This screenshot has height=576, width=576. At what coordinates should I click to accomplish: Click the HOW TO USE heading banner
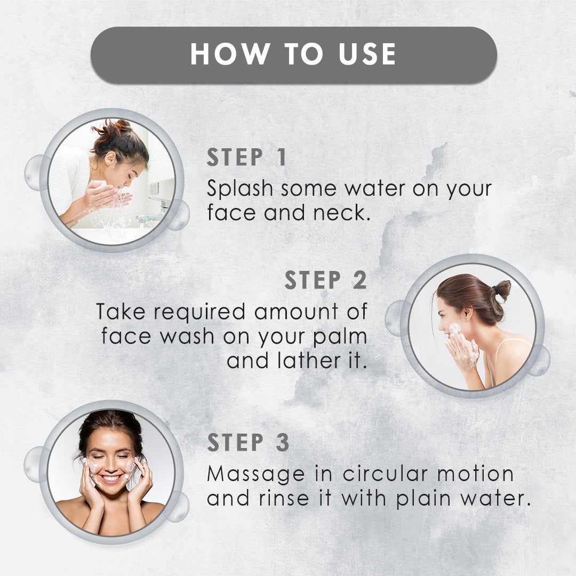[x=293, y=55]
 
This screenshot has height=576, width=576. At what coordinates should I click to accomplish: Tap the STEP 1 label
[x=246, y=157]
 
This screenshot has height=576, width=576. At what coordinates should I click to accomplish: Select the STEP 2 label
[x=326, y=281]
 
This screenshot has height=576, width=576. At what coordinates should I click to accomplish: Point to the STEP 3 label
[x=249, y=442]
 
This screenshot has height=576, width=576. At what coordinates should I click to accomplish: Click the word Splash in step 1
[x=240, y=188]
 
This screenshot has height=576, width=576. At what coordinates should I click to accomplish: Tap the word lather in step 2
[x=309, y=361]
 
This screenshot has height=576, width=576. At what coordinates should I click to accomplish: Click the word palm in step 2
[x=340, y=337]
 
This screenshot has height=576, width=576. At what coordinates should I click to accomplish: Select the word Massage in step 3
[x=256, y=474]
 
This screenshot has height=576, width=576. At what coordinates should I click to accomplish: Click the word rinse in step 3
[x=284, y=499]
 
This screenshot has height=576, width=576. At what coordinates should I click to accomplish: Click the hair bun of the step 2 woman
[x=502, y=290]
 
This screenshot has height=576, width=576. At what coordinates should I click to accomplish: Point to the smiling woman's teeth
[x=111, y=478]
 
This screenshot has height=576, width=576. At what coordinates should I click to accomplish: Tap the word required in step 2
[x=199, y=312]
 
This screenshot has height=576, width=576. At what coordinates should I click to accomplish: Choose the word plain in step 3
[x=423, y=499]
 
